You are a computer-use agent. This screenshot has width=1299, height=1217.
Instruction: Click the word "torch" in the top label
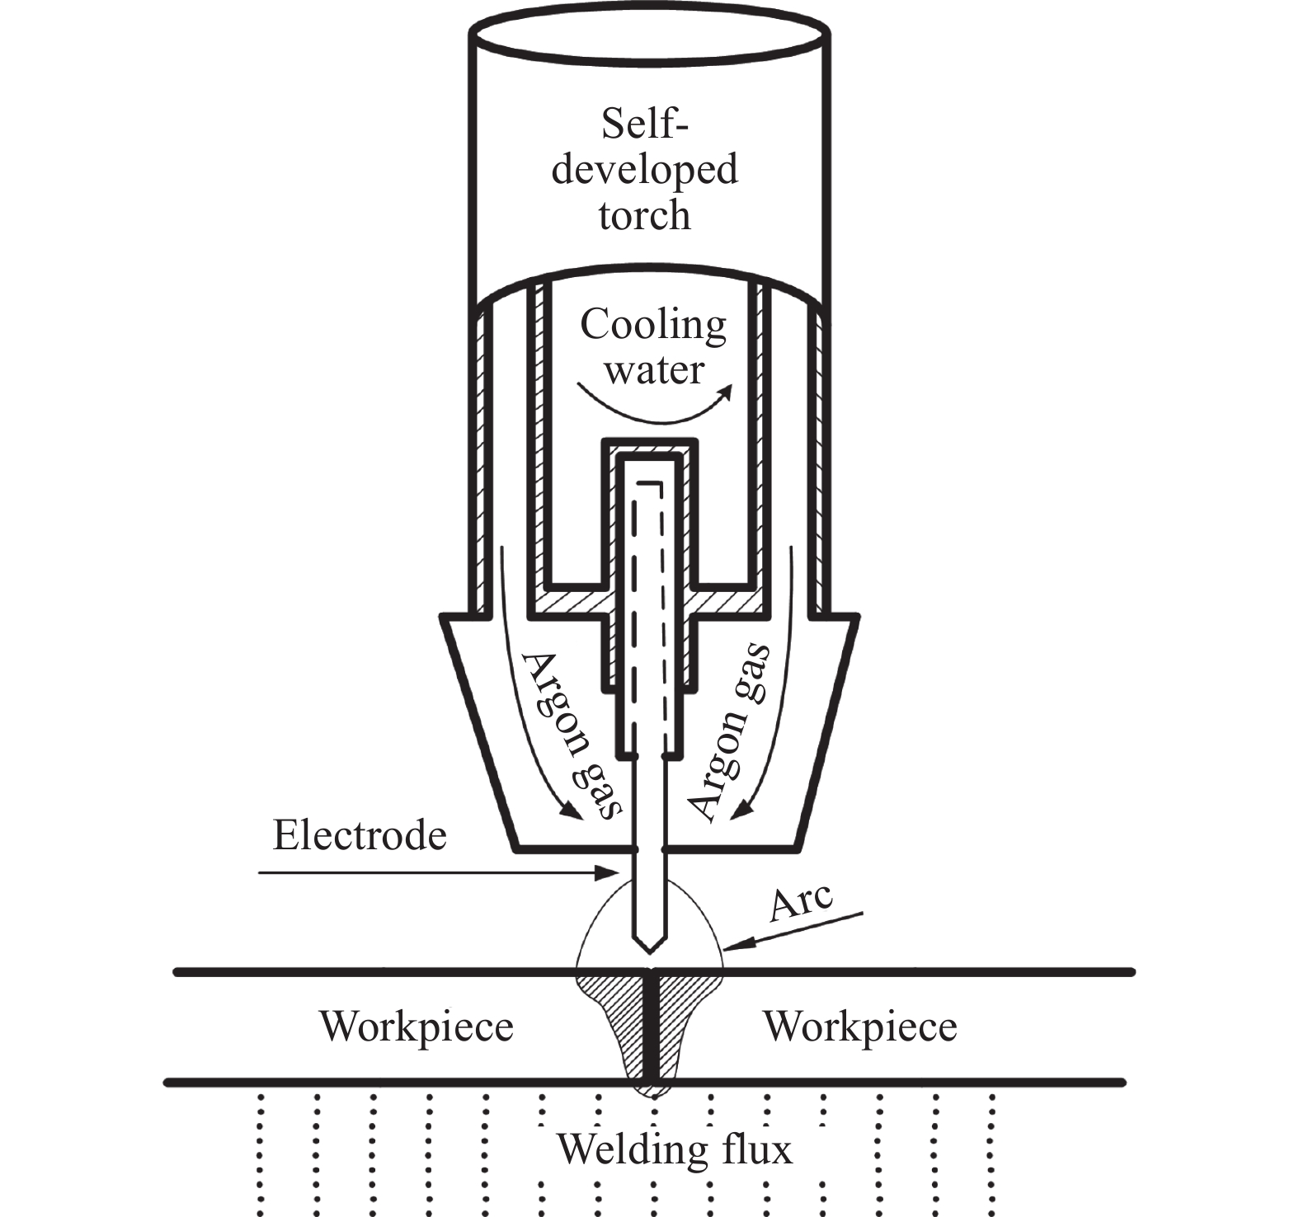click(644, 215)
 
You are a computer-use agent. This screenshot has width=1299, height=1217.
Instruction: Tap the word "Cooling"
click(653, 326)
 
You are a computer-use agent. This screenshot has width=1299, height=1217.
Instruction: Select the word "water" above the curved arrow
click(654, 369)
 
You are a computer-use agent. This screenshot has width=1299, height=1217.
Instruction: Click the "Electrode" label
click(360, 835)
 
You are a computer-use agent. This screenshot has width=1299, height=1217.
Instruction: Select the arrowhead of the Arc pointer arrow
click(733, 946)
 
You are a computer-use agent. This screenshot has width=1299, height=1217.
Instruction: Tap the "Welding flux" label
click(675, 1149)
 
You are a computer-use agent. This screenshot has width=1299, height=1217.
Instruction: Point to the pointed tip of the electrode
click(651, 952)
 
